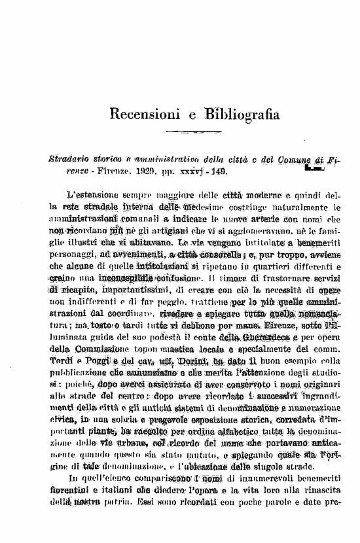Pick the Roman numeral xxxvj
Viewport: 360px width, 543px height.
(x=188, y=172)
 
